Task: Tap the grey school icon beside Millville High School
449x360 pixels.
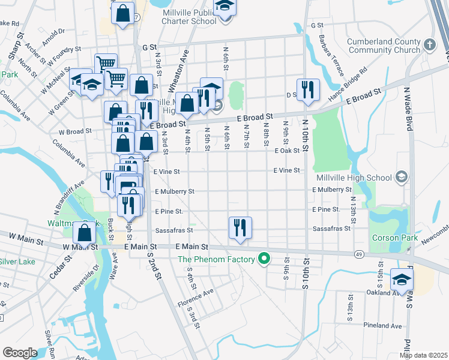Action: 401,177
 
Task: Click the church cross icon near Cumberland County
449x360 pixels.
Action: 429,44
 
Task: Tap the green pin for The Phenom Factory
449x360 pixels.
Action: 263,259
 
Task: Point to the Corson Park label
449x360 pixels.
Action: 394,238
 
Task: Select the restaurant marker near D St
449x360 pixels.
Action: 308,90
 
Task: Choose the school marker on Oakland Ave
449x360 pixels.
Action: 402,279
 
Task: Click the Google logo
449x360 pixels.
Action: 20,353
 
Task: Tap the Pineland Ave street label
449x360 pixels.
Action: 382,325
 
